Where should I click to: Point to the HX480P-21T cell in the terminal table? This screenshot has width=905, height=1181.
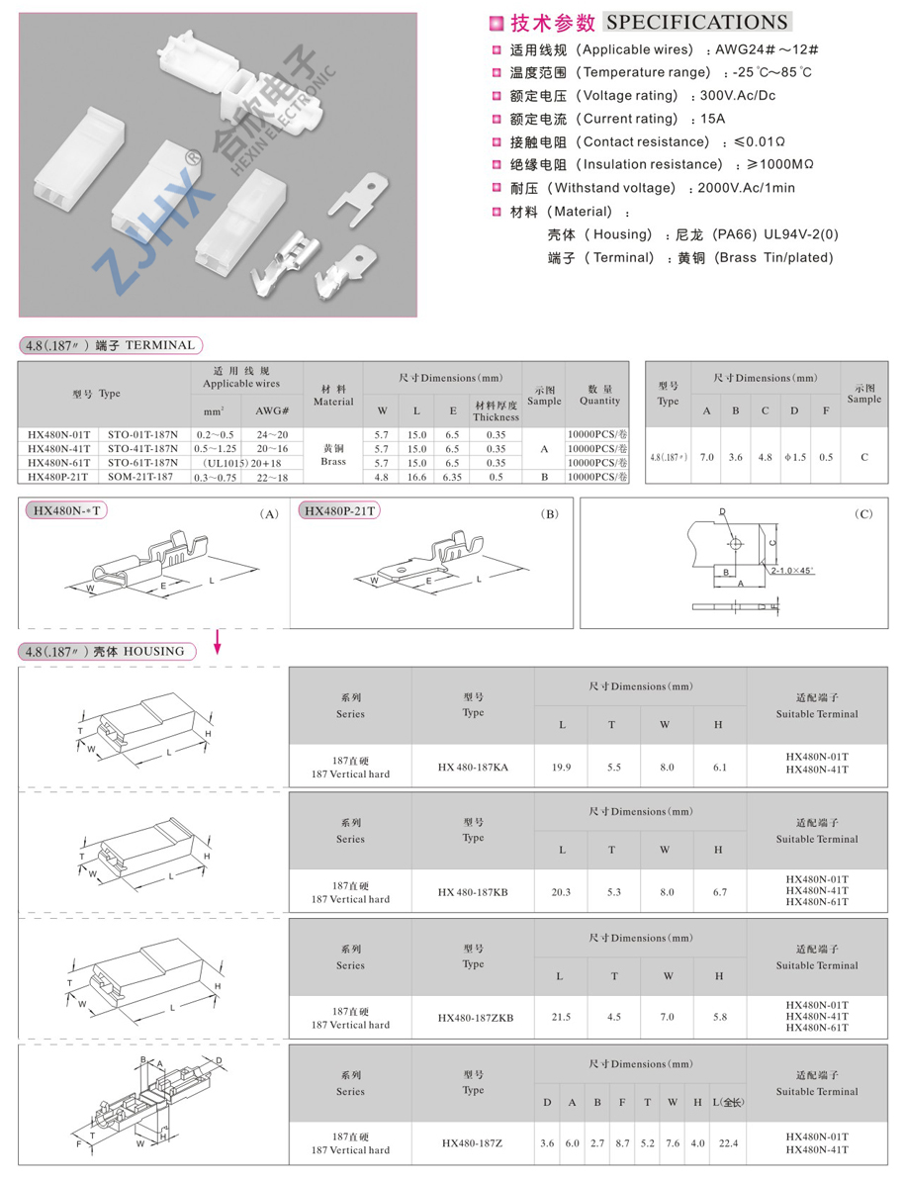pyautogui.click(x=57, y=477)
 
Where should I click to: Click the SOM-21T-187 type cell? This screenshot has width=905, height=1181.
pyautogui.click(x=142, y=477)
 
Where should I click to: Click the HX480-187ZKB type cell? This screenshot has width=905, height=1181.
pyautogui.click(x=473, y=1017)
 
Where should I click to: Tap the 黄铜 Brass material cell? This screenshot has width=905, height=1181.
pyautogui.click(x=333, y=455)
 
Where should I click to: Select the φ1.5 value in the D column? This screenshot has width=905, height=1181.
pyautogui.click(x=794, y=457)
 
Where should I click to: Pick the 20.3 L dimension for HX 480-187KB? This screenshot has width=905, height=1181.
pyautogui.click(x=562, y=892)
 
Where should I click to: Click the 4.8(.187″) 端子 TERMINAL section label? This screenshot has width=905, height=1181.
pyautogui.click(x=110, y=345)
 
